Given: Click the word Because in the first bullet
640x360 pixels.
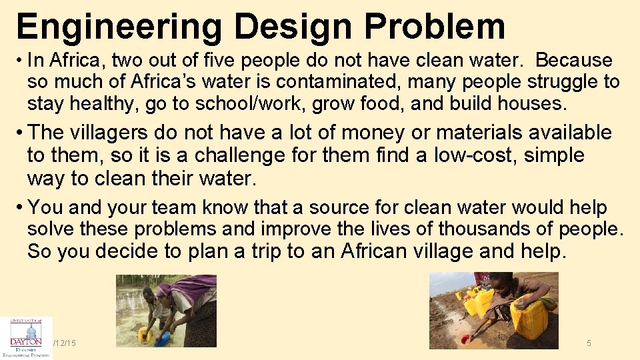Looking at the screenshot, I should pyautogui.click(x=574, y=60).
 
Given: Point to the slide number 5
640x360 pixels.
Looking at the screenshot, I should pyautogui.click(x=589, y=343).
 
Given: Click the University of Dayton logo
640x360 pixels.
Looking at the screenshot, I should pyautogui.click(x=26, y=337).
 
